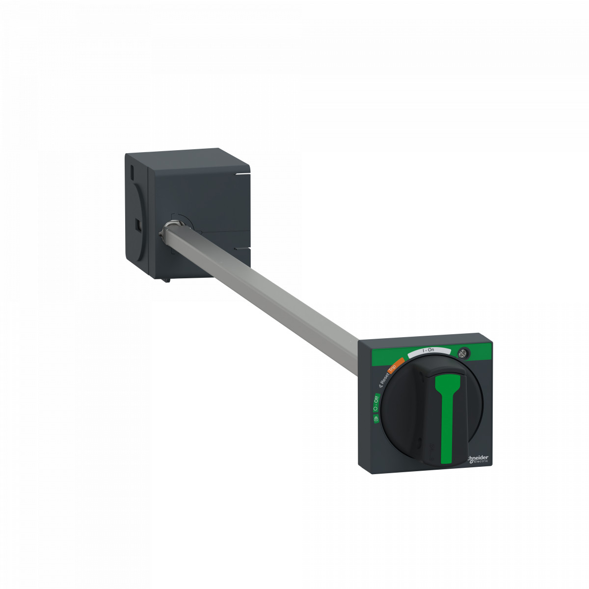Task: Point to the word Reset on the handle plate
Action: pos(385,377)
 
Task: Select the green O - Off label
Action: pos(375,402)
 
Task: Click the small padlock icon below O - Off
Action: pos(375,418)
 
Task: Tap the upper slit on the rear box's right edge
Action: pos(243,173)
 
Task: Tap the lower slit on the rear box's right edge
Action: pos(242,249)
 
